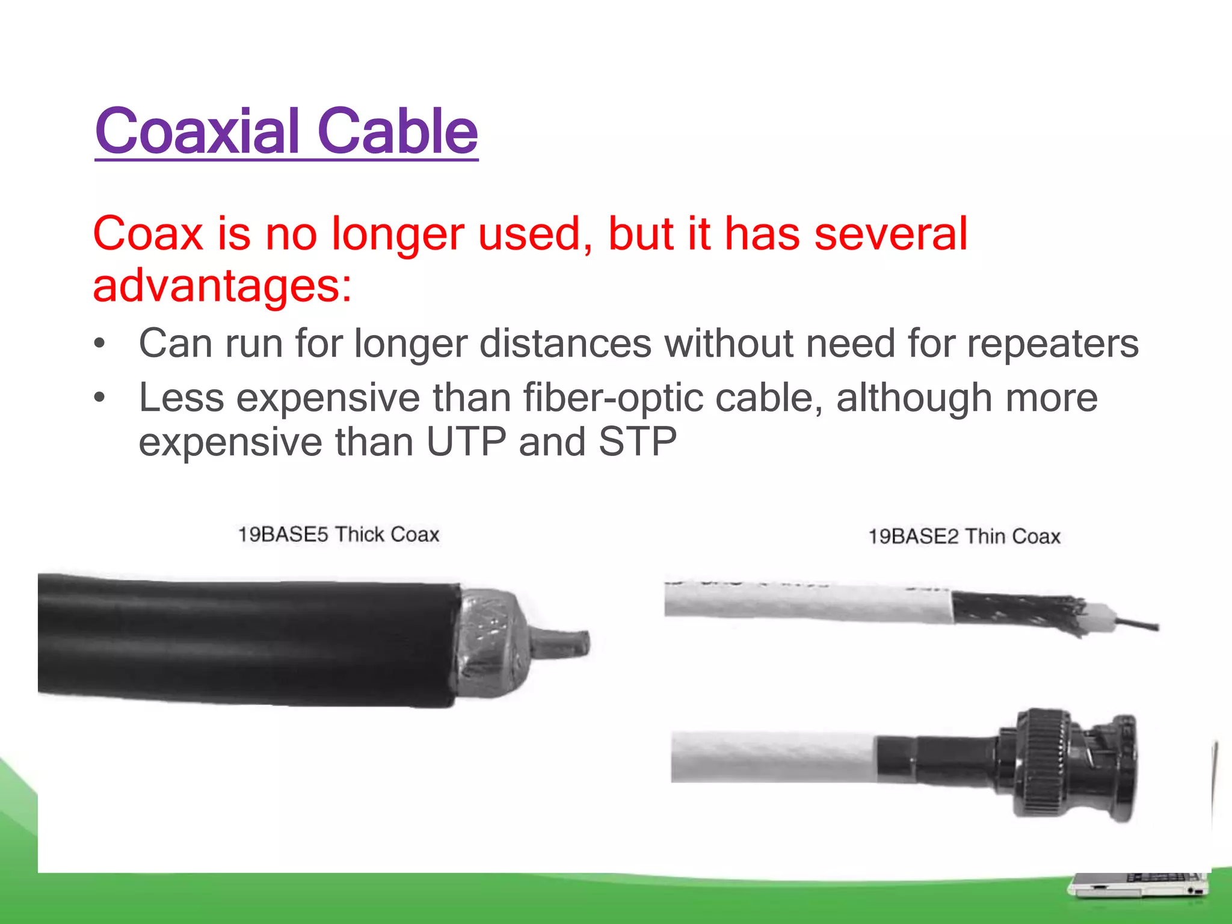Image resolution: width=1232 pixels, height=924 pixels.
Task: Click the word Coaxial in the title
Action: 197,131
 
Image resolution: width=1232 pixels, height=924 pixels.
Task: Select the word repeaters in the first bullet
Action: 1053,343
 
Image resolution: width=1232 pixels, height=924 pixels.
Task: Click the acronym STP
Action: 637,442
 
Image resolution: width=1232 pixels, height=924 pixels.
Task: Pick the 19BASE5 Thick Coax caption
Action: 339,534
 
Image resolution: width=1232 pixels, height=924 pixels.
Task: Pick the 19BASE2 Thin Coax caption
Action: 964,536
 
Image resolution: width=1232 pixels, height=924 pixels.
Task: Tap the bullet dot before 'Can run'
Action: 100,344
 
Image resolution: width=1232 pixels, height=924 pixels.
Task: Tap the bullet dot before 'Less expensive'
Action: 100,398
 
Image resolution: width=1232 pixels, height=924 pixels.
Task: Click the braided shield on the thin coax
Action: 1017,612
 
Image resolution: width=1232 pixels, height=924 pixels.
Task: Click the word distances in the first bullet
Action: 565,343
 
